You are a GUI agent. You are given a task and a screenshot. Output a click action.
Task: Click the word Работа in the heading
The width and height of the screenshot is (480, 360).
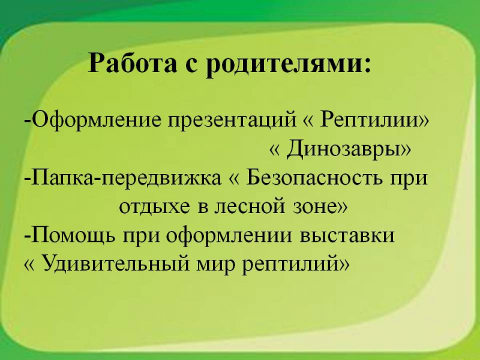(x=132, y=63)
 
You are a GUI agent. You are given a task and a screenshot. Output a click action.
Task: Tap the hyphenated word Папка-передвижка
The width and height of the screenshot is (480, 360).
(x=126, y=178)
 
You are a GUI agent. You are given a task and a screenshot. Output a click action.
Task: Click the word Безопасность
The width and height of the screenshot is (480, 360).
(x=314, y=178)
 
